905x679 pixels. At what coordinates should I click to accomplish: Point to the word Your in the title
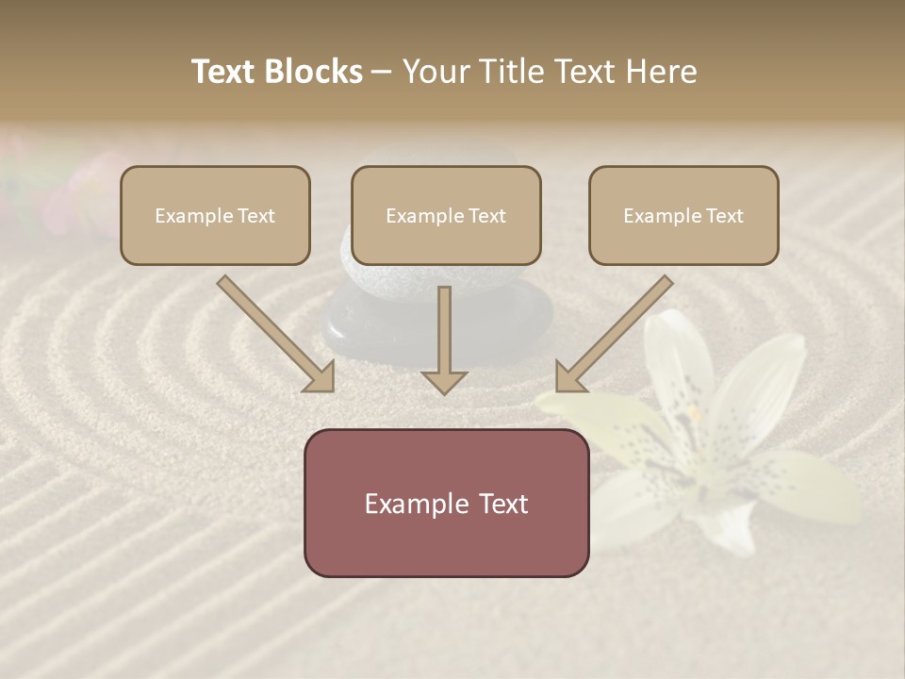[x=436, y=72]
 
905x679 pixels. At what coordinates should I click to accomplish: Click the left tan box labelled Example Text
[x=215, y=216]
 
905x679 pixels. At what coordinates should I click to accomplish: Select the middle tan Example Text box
[x=446, y=216]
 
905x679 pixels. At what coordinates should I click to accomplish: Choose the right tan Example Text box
[x=683, y=216]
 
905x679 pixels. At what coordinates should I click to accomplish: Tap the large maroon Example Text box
[x=446, y=503]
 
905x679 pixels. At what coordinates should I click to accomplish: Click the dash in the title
[x=382, y=72]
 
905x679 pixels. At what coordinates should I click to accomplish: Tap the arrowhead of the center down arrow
[x=444, y=381]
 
